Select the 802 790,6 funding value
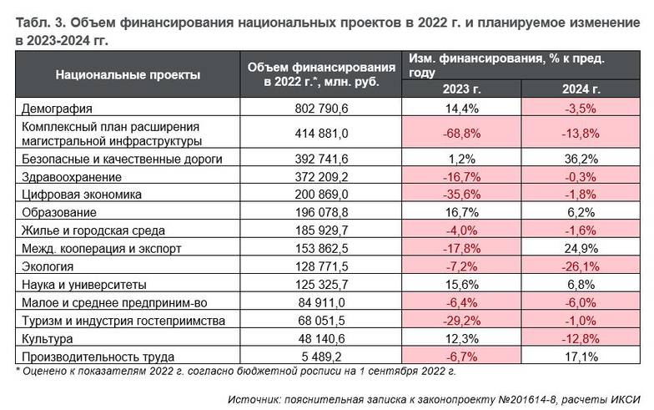(321, 109)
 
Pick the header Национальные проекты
(128, 74)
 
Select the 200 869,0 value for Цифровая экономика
(321, 194)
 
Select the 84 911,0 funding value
(321, 302)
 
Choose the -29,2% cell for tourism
(461, 321)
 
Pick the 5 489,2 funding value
(321, 357)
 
